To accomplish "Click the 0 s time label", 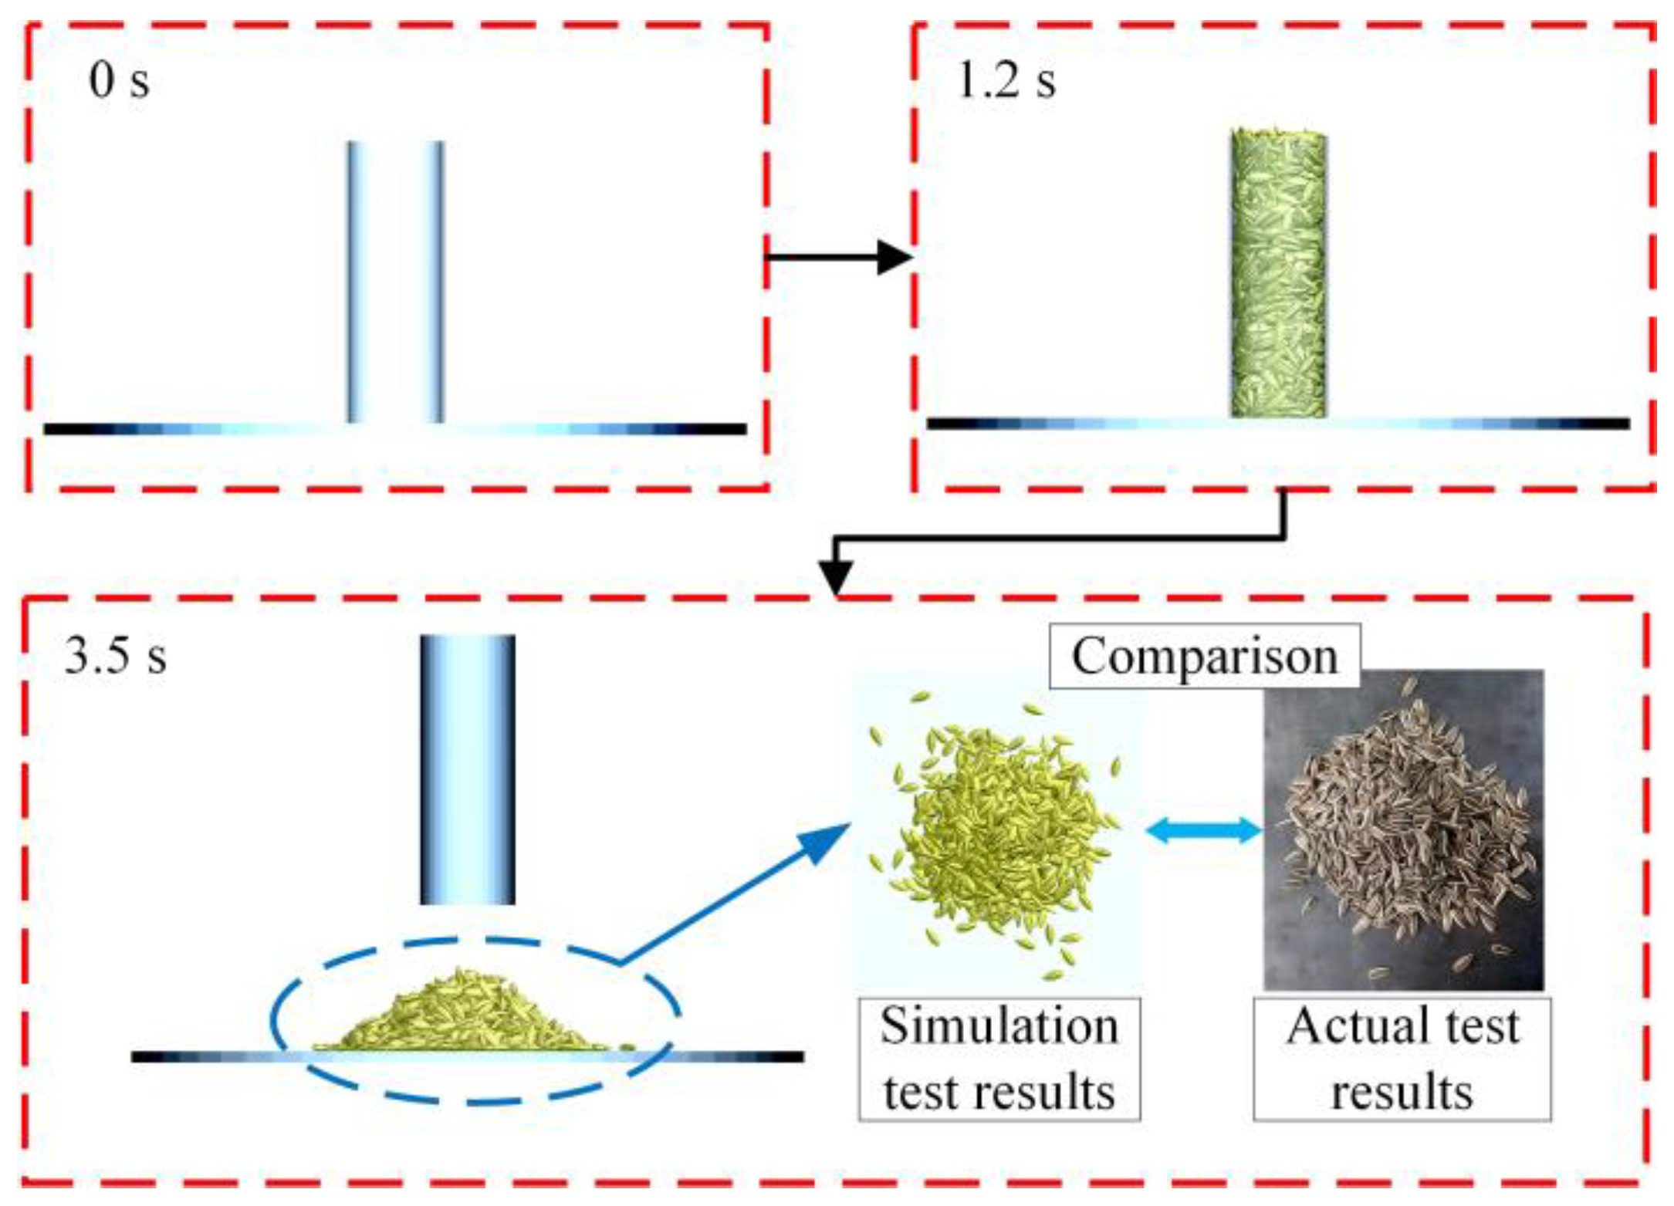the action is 119,80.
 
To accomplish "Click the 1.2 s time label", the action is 1006,80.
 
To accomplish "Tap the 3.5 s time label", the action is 116,657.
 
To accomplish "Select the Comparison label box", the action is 1204,657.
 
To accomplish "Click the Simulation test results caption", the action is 999,1059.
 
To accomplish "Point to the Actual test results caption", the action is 1402,1059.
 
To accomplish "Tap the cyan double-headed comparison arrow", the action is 1204,830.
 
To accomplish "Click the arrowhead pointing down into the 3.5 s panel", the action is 836,575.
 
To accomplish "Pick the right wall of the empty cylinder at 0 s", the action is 436,282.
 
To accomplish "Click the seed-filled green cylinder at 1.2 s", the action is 1279,274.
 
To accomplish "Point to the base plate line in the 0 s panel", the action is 193,429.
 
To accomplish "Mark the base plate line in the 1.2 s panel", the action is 1080,424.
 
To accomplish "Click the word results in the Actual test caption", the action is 1402,1092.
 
